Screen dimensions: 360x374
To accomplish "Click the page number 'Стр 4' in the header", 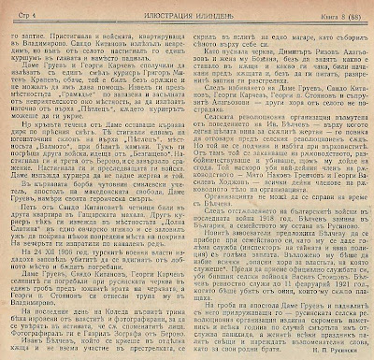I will tap(22, 8).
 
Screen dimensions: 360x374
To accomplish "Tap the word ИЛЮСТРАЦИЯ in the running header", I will tap(150, 8).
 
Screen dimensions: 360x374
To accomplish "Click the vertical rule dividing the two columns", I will tap(187, 187).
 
